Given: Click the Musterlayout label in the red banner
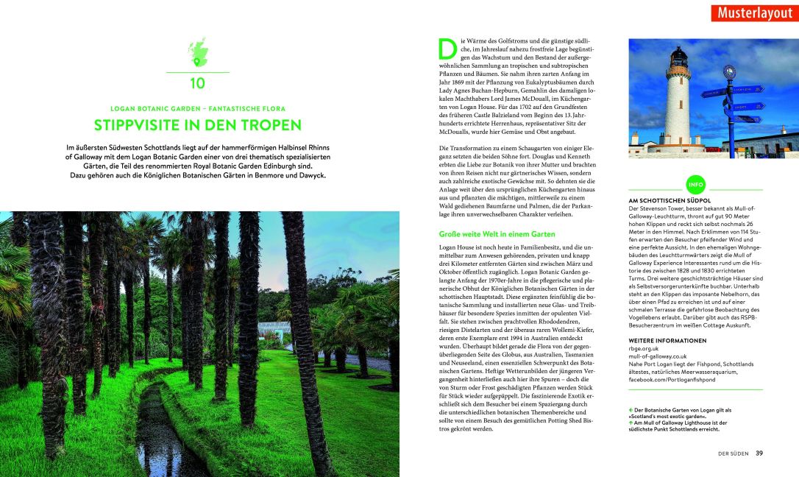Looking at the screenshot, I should pos(755,13).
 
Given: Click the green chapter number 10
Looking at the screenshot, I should pos(197,83).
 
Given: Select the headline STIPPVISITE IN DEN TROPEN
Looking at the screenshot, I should pos(197,125).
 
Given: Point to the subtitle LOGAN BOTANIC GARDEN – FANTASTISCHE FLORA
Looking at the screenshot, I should pos(197,108).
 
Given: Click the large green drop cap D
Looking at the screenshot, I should pos(447,48).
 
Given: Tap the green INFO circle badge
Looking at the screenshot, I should pos(695,183).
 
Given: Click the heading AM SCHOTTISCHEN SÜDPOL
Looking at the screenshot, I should pos(670,200).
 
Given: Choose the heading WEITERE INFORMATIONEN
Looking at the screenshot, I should pos(667,341).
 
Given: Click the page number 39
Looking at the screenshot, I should pos(759,453).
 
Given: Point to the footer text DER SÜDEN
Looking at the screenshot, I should pos(734,453).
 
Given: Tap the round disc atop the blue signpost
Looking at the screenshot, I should pos(730,71).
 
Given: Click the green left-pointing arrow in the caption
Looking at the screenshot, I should pos(631,410).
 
